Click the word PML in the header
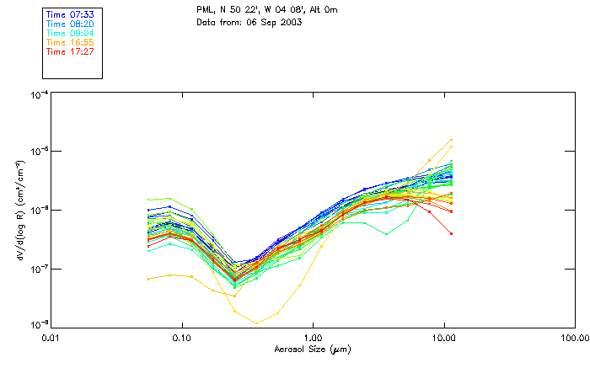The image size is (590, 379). (x=205, y=10)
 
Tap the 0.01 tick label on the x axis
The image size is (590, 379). (x=51, y=338)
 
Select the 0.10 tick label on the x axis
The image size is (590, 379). (x=182, y=338)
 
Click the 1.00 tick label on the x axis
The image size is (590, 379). (x=313, y=338)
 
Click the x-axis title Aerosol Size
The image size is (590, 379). (x=312, y=349)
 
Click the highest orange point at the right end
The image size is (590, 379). (x=452, y=140)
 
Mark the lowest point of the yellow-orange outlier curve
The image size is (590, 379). (x=256, y=323)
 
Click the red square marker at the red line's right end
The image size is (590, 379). (x=452, y=233)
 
